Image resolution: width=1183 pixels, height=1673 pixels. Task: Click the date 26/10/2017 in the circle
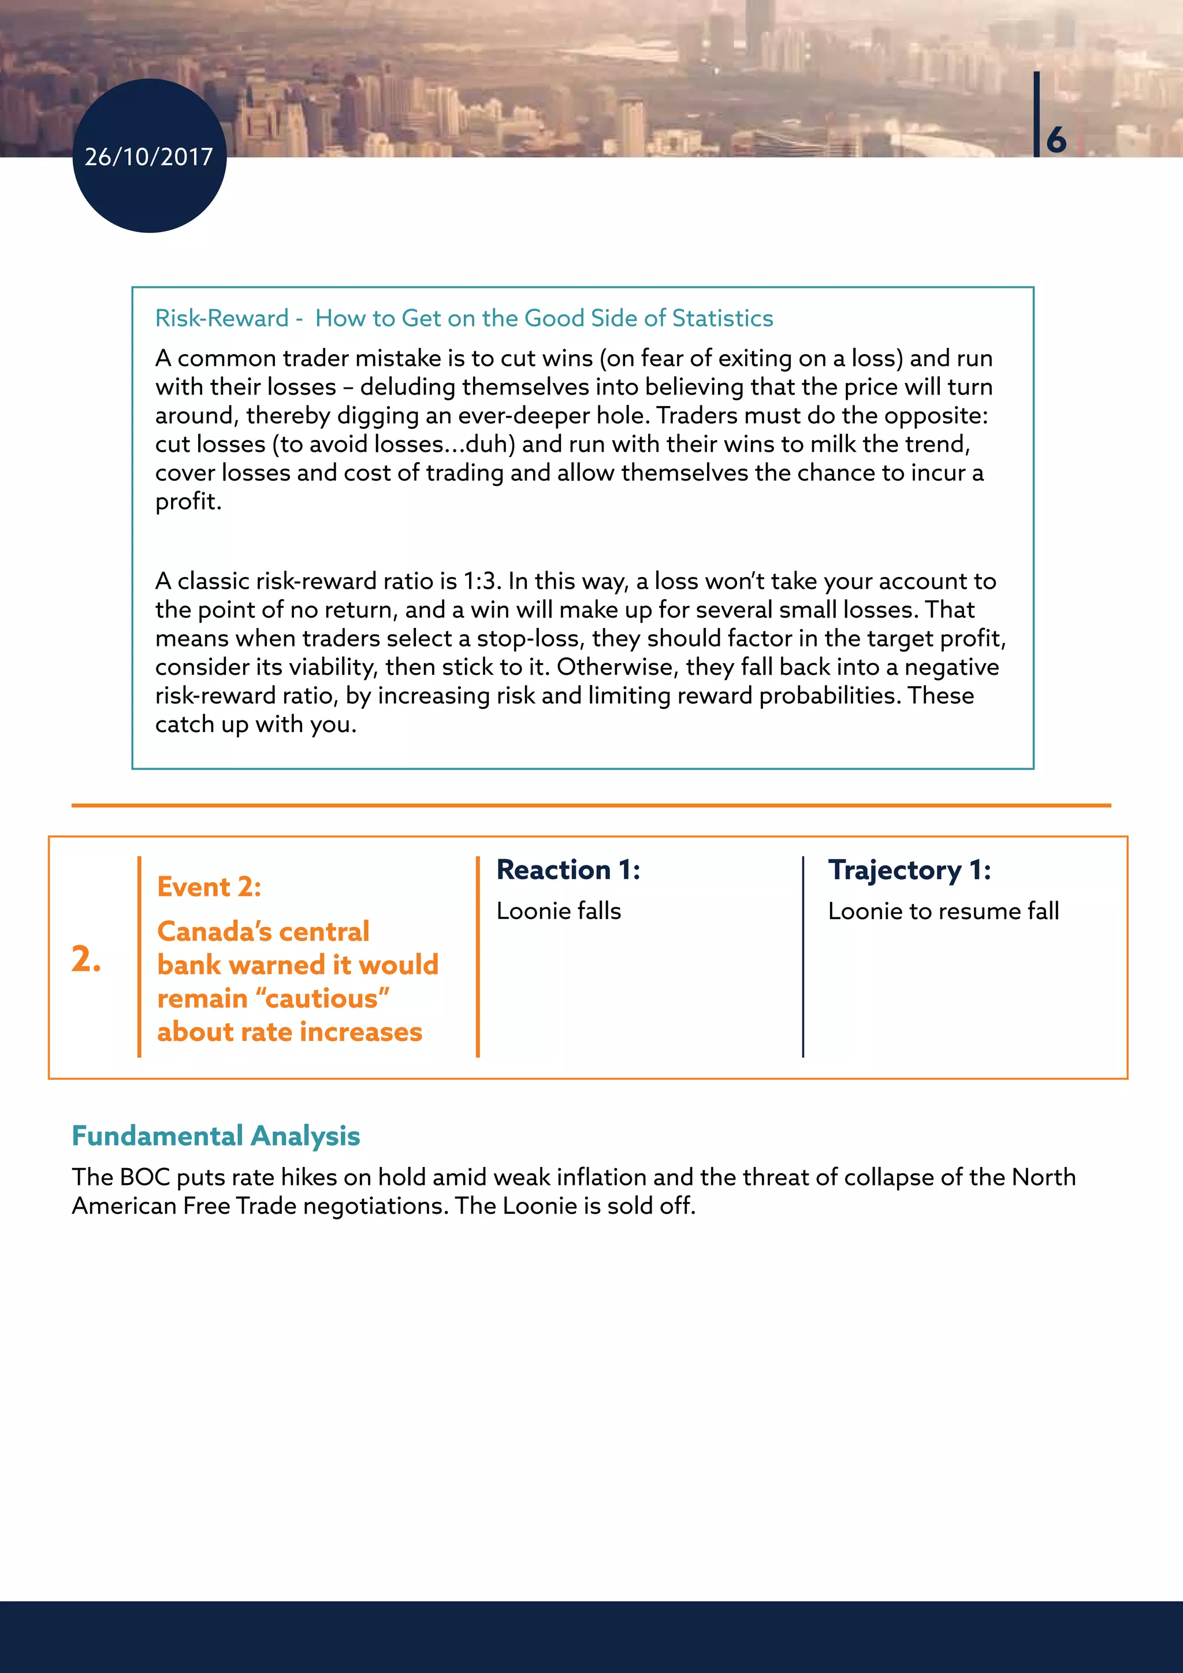tap(148, 157)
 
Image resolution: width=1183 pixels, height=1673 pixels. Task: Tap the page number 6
tap(1056, 139)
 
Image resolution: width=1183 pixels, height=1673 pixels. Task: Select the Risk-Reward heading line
tap(464, 318)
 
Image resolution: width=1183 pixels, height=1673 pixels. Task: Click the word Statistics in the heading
tap(722, 318)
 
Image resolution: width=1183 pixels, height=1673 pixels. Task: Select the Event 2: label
tap(209, 887)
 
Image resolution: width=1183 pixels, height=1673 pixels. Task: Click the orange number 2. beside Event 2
tap(86, 959)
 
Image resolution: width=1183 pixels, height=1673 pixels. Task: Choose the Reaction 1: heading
tap(568, 870)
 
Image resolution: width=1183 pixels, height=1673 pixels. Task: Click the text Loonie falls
tap(559, 911)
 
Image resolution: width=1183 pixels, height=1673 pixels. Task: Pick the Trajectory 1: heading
tap(909, 870)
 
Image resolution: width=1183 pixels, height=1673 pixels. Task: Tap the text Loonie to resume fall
tap(943, 911)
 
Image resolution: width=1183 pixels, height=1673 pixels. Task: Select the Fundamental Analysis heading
tap(215, 1136)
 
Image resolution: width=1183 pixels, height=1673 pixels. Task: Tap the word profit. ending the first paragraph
tap(188, 502)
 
